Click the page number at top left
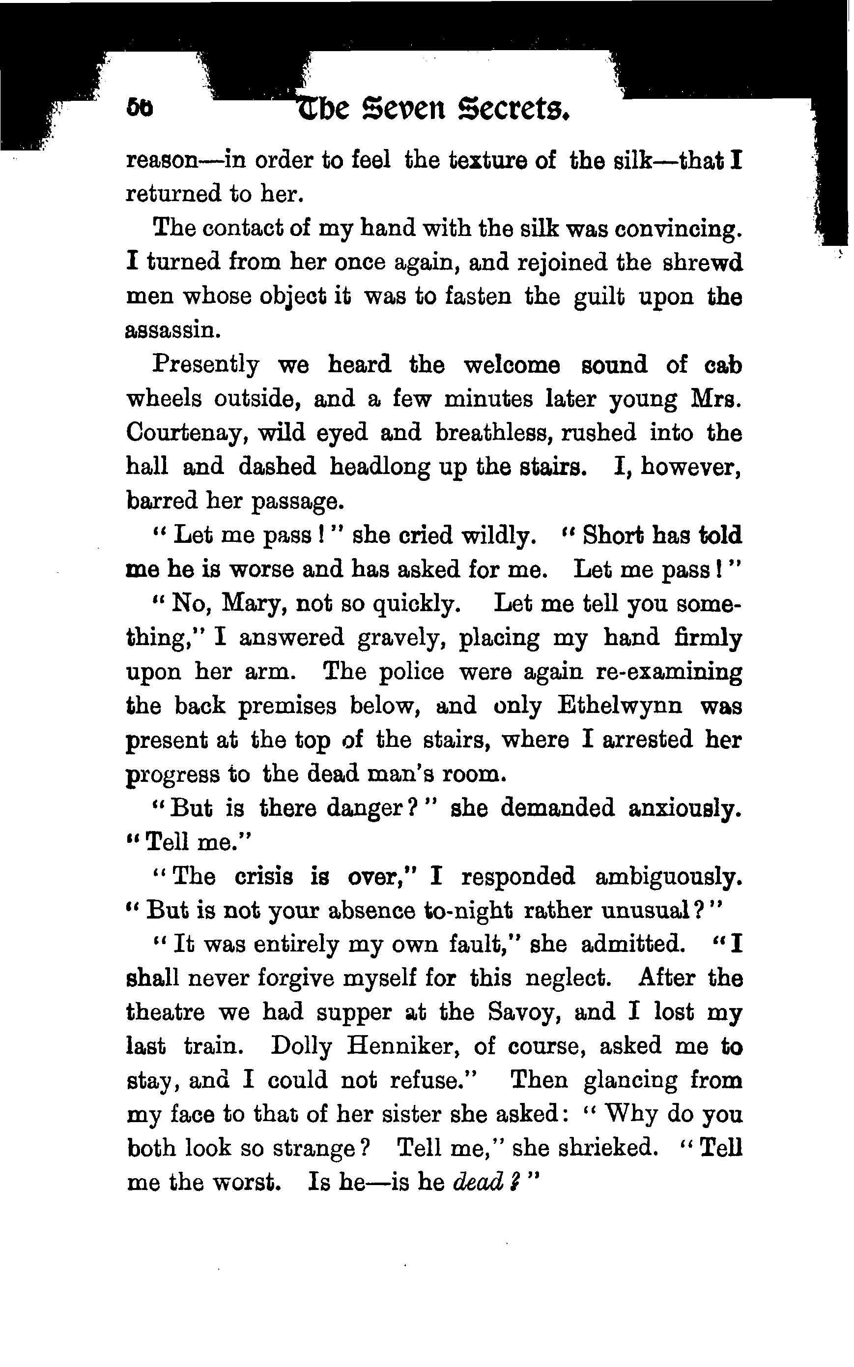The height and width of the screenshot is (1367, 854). tap(140, 107)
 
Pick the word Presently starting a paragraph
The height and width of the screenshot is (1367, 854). tap(206, 366)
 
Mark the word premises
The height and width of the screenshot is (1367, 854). tap(287, 707)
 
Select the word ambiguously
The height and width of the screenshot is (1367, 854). tap(668, 876)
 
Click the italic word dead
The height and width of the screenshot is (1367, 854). tap(479, 1182)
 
